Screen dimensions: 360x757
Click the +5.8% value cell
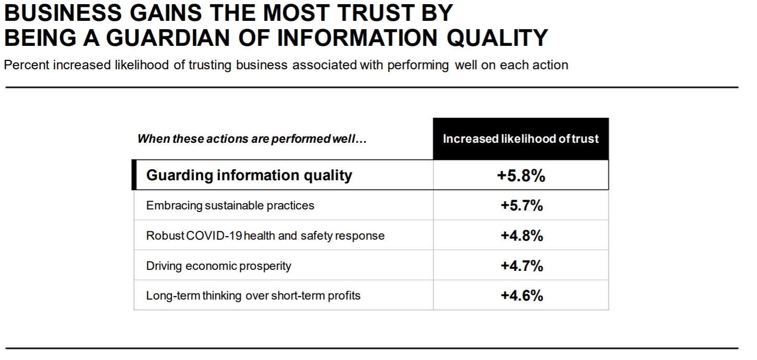(520, 176)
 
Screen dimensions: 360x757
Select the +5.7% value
(522, 206)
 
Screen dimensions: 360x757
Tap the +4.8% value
(522, 236)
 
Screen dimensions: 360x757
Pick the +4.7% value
(522, 266)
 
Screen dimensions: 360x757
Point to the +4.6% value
(522, 296)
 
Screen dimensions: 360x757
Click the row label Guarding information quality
(249, 175)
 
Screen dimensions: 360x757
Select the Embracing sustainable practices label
(230, 206)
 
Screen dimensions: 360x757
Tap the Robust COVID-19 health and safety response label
(265, 236)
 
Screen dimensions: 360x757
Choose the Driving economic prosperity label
(218, 266)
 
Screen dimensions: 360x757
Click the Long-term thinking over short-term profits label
(253, 296)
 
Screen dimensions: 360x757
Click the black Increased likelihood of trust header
(520, 139)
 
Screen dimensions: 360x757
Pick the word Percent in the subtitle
(26, 66)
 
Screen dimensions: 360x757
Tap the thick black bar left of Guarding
(134, 175)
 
